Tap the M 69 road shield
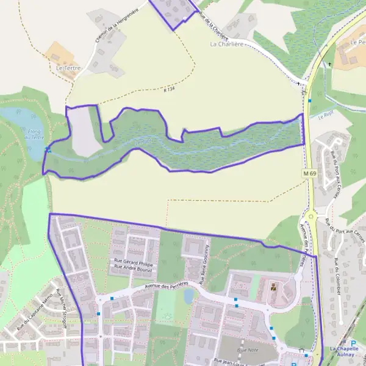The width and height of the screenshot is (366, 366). [x=310, y=174]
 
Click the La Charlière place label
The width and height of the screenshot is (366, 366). [x=226, y=44]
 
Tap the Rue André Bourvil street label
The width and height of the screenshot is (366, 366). [x=133, y=268]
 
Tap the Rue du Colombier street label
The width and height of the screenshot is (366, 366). [x=339, y=274]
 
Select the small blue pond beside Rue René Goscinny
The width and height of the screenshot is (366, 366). [x=188, y=295]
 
